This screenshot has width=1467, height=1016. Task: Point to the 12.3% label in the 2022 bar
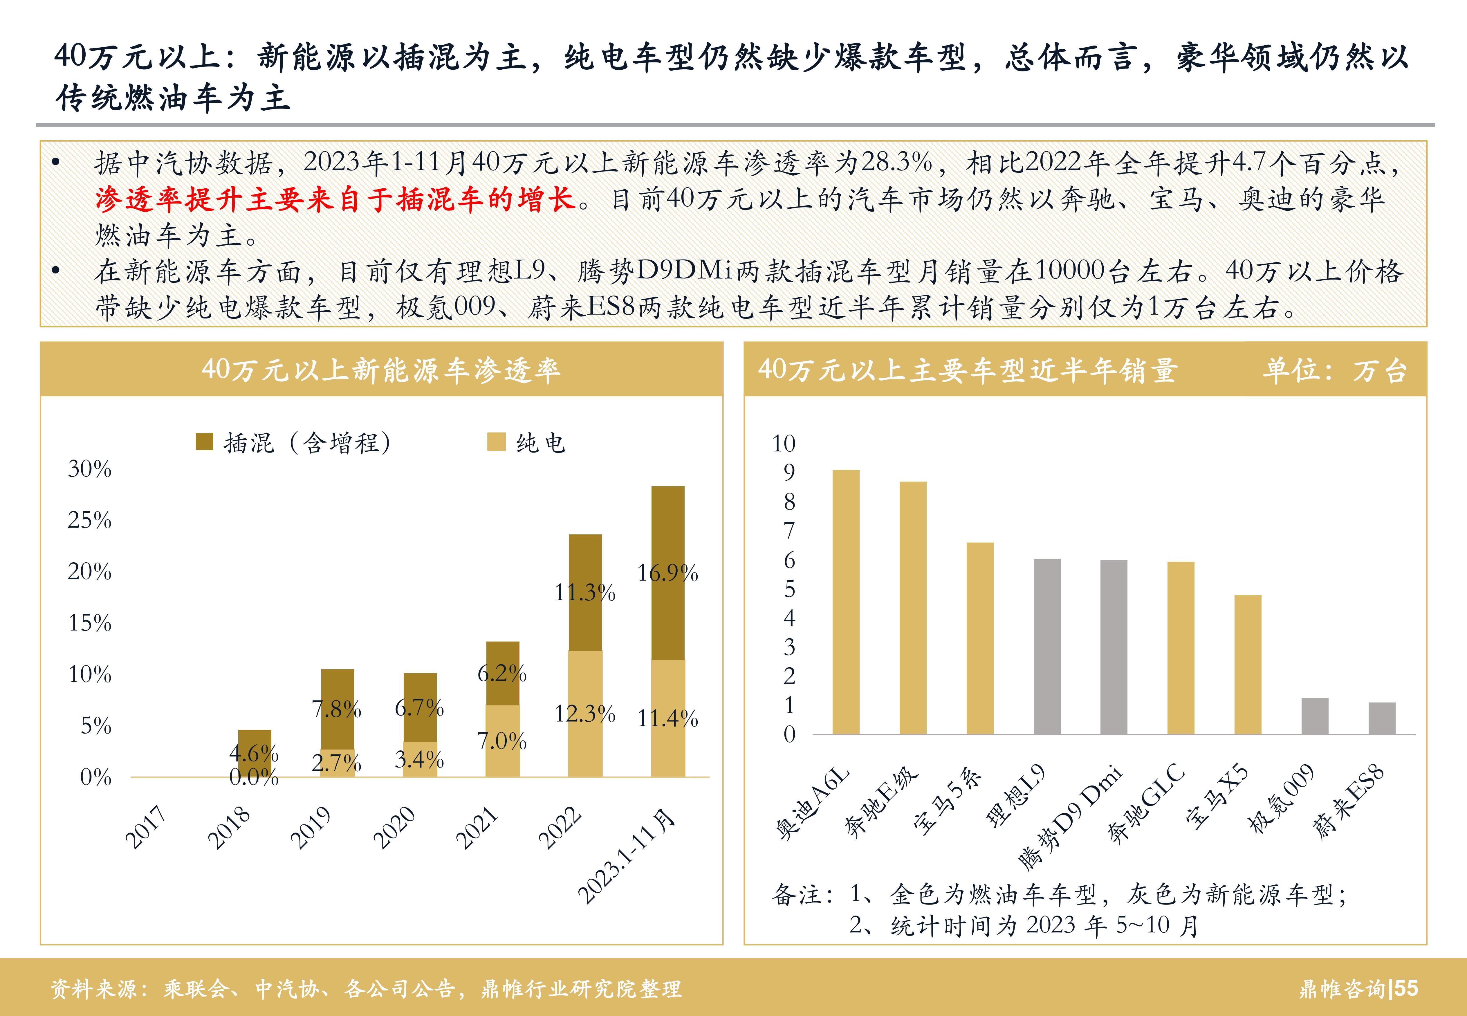[584, 714]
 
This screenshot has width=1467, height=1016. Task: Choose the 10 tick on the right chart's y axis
[784, 444]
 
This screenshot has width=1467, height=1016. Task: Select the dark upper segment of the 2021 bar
[502, 673]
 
